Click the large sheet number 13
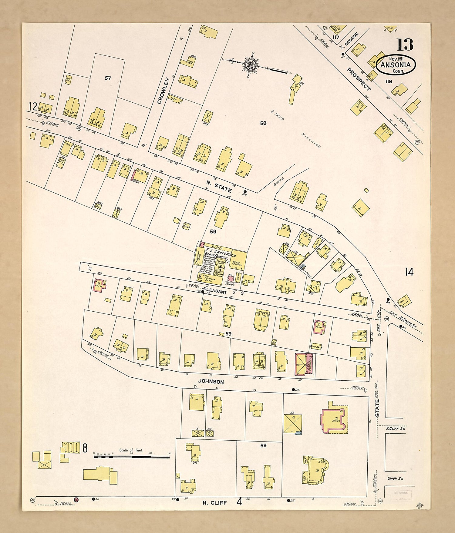405,45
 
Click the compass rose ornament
251,64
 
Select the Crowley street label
163,91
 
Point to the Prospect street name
359,79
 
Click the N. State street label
219,186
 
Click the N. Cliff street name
214,503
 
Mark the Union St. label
395,478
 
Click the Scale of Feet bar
131,456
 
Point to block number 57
108,78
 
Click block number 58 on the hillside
263,123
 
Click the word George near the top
352,39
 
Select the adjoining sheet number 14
409,272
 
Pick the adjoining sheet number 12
32,106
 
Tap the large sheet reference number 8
85,448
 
